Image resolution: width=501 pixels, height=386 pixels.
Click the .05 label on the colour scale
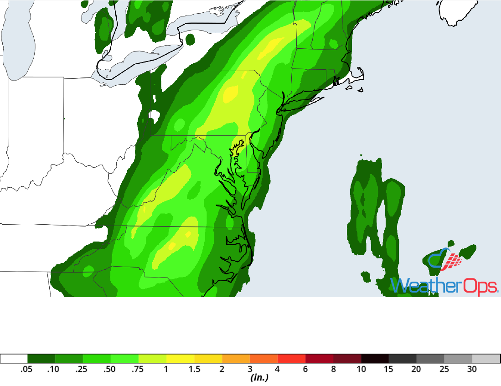tap(26, 370)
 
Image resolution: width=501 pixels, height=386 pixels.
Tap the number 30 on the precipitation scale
tap(472, 370)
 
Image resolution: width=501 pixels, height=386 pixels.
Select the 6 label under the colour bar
tap(305, 370)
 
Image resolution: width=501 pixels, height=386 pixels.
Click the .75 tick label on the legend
tap(138, 370)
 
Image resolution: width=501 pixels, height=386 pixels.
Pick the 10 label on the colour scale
tap(361, 370)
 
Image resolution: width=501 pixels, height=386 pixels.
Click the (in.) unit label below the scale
tap(258, 378)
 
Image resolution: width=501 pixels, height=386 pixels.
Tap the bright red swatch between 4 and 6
tap(292, 359)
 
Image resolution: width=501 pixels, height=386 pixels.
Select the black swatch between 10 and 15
tap(375, 359)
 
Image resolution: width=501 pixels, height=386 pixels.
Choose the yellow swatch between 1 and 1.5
tap(181, 359)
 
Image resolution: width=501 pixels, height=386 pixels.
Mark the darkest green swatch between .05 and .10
tap(41, 359)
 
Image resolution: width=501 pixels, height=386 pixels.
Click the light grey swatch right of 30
tap(486, 359)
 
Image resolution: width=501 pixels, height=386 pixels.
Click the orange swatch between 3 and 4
tap(263, 359)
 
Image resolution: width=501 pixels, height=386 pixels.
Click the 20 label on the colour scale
tap(416, 370)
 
